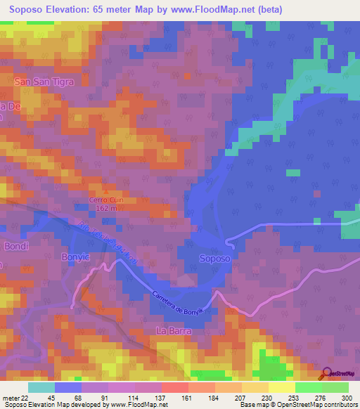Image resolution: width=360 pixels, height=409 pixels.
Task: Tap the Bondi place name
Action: click(x=15, y=247)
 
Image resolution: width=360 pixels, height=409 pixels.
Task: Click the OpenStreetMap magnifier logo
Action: click(x=328, y=374)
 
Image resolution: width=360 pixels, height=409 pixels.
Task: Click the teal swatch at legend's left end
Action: click(x=41, y=387)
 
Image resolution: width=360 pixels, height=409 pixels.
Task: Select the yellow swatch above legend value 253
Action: click(x=281, y=387)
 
